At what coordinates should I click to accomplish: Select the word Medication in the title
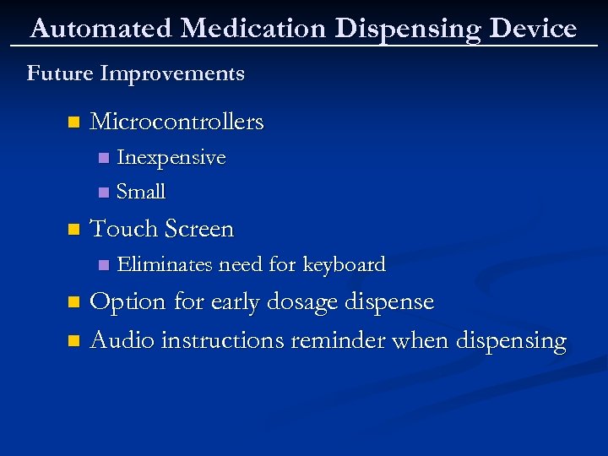(x=253, y=29)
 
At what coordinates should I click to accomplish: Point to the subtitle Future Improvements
(x=136, y=73)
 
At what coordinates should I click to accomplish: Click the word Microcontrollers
(x=176, y=122)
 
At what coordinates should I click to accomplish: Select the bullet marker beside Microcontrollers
(x=73, y=122)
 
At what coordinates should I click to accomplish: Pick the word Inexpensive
(x=171, y=158)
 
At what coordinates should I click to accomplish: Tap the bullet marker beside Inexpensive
(x=103, y=159)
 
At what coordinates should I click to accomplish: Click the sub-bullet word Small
(x=141, y=192)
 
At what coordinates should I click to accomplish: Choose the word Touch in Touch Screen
(x=124, y=229)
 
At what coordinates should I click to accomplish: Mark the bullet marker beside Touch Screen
(x=73, y=230)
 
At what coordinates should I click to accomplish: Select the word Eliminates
(x=165, y=264)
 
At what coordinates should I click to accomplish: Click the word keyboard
(x=344, y=264)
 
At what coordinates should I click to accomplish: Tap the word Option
(x=128, y=302)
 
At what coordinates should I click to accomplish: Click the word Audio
(x=122, y=340)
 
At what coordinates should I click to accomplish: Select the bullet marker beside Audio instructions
(x=73, y=341)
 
